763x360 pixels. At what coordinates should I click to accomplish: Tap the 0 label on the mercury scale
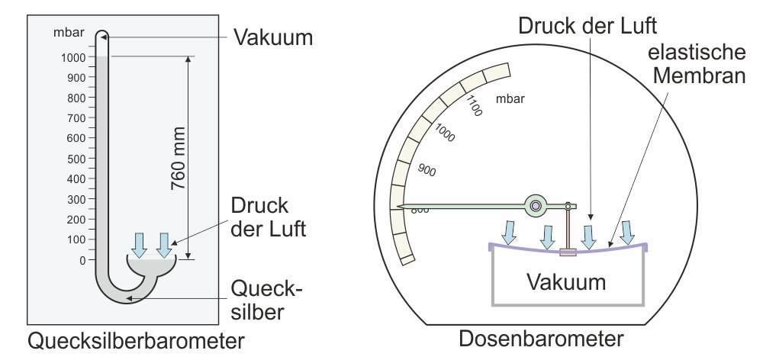[82, 260]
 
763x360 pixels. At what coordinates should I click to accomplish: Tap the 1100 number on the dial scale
[473, 105]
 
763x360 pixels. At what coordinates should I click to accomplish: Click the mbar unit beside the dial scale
[510, 98]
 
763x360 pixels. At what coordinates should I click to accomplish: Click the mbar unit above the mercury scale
[69, 33]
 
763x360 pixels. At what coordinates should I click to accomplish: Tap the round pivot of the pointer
[536, 205]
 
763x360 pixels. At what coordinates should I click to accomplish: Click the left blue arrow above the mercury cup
[140, 244]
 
